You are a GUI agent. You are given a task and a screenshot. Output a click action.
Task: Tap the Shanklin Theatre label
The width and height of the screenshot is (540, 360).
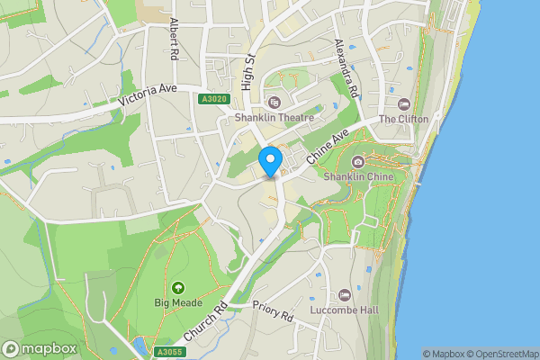[274, 117]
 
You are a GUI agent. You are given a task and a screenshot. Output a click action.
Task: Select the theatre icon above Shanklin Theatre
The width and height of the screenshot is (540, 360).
[274, 103]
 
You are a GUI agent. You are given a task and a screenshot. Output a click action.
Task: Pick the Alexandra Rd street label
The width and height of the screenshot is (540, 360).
[346, 67]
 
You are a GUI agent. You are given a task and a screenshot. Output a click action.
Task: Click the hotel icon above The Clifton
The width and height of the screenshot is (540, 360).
[403, 104]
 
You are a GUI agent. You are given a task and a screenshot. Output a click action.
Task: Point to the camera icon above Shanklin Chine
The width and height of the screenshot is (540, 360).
[358, 162]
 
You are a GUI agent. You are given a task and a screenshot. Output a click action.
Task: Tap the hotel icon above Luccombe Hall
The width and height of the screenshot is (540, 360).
[345, 296]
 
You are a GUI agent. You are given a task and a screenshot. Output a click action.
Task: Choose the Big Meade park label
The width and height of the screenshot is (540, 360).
[176, 302]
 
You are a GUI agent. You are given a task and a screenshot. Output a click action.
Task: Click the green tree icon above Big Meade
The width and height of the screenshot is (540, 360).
[178, 287]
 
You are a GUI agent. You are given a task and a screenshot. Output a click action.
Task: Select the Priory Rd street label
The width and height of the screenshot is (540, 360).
[274, 311]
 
